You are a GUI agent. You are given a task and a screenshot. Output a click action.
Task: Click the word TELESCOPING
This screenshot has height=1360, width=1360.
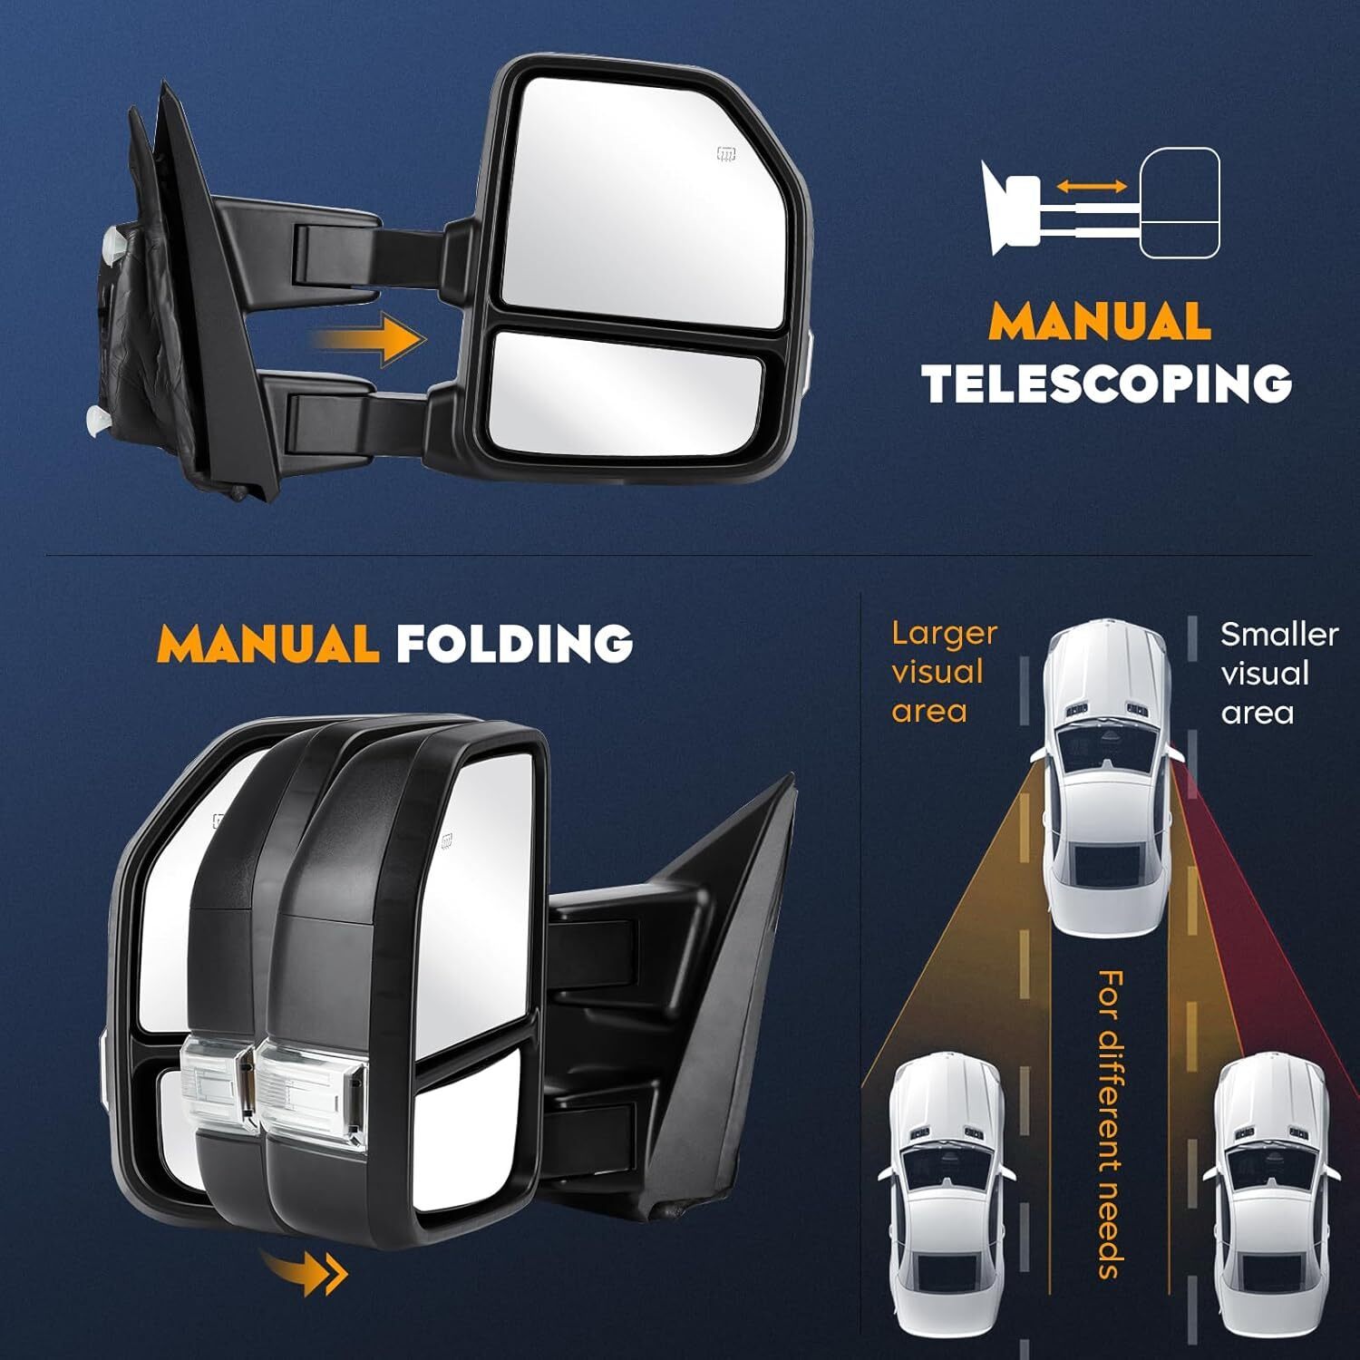point(1107,384)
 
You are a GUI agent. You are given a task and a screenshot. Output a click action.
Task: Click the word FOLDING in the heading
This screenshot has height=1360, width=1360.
point(514,643)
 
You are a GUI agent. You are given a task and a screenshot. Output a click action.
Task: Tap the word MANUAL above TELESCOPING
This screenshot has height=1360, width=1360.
point(1100,321)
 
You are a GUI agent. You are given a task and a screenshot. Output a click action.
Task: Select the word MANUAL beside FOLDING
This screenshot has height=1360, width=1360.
point(268,643)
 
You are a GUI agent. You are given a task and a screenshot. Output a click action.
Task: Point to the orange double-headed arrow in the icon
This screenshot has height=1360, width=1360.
point(1092,186)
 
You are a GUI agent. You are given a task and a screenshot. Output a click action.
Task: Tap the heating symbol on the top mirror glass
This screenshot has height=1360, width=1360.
point(725,153)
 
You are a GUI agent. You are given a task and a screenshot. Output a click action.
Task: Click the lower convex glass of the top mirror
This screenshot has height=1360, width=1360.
point(626,393)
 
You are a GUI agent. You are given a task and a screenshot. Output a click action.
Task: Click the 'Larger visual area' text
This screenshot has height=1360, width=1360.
point(944,672)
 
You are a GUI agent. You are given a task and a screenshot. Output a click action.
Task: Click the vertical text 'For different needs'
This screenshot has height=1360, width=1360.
point(1110,1123)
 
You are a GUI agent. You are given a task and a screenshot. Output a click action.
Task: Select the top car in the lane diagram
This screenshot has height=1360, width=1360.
point(1108,778)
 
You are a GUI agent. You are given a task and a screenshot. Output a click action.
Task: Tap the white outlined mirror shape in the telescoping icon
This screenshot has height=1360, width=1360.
point(1180,204)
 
